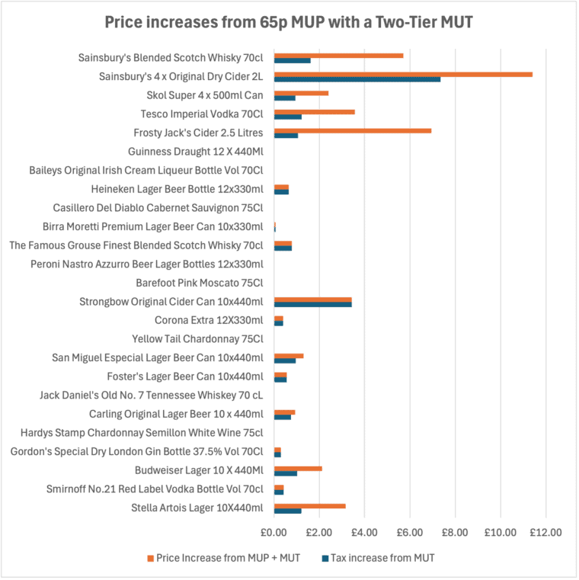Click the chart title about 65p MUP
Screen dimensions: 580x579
[x=289, y=23]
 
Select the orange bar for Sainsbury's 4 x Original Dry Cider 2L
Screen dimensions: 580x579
[x=403, y=74]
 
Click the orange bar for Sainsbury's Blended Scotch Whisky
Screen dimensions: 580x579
[x=338, y=55]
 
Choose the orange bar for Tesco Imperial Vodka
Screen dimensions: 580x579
[x=314, y=111]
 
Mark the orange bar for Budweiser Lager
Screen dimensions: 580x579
[x=298, y=468]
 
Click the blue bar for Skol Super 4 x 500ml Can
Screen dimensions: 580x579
[x=284, y=98]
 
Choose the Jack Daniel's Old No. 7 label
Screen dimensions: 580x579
[x=152, y=395]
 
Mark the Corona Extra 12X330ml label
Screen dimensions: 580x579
[x=209, y=320]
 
